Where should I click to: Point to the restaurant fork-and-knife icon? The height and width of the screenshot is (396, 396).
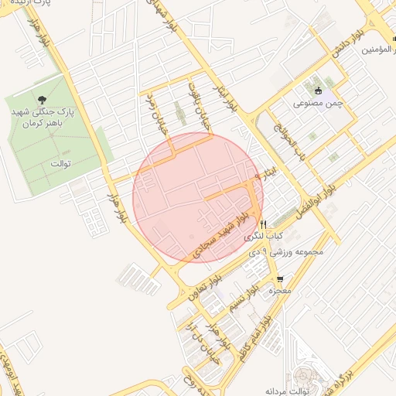pyautogui.click(x=264, y=224)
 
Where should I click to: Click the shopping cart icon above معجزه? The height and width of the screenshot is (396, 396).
pyautogui.click(x=279, y=279)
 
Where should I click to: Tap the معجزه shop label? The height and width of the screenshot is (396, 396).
pyautogui.click(x=278, y=292)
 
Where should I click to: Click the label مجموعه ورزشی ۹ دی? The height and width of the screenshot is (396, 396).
pyautogui.click(x=279, y=251)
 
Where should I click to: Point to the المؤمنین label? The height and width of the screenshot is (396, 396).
pyautogui.click(x=378, y=49)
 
